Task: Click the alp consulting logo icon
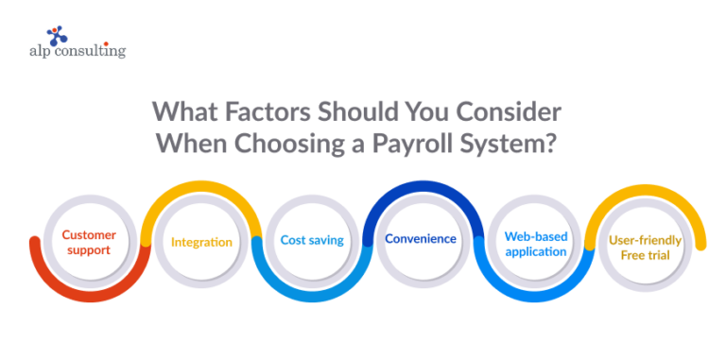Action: (58, 37)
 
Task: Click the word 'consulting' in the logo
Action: (90, 53)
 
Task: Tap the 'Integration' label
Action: (200, 242)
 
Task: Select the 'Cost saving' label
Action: (312, 240)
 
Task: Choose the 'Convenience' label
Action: (420, 239)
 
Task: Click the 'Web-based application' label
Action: (535, 244)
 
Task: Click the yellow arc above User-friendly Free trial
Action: (648, 192)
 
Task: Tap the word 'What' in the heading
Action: (185, 111)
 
